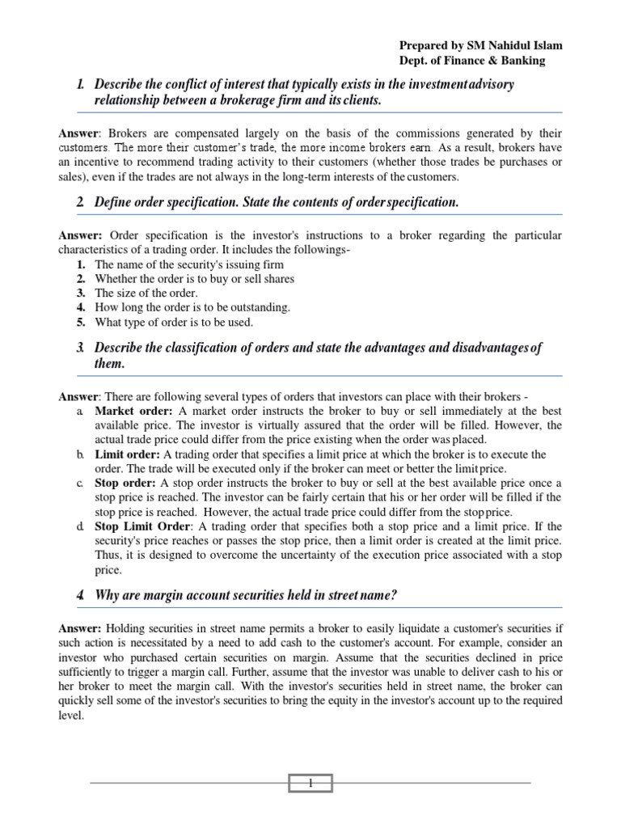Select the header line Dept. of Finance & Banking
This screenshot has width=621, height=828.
pyautogui.click(x=472, y=60)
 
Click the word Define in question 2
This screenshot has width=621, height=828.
pyautogui.click(x=115, y=202)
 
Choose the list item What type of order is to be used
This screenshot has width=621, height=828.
pyautogui.click(x=174, y=323)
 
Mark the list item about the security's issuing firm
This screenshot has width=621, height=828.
pyautogui.click(x=189, y=264)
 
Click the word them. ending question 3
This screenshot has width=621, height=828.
pyautogui.click(x=110, y=364)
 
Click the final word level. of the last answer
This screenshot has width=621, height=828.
pyautogui.click(x=71, y=716)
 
